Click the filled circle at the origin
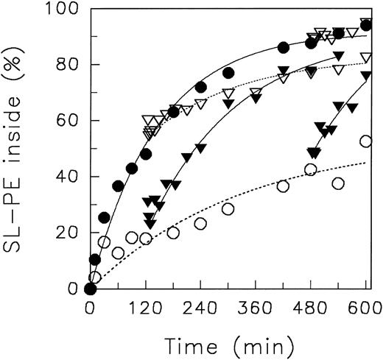pos(90,289)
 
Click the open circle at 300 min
pos(228,209)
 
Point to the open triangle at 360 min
pos(256,93)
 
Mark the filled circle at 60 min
pos(118,186)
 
